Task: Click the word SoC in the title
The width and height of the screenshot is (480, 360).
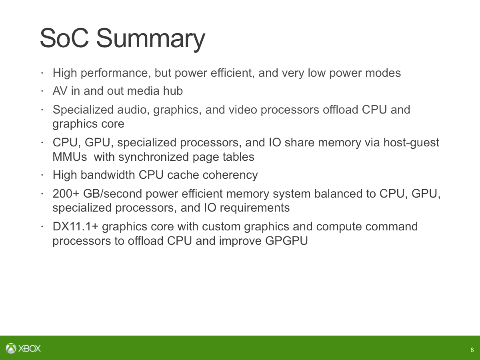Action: [64, 38]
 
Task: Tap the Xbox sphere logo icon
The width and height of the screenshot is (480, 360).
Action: [11, 348]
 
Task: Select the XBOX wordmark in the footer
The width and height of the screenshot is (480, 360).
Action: [30, 348]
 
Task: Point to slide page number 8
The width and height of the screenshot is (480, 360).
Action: [472, 350]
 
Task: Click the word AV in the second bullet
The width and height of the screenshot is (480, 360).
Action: [60, 91]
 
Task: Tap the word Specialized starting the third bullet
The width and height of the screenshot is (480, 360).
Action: [83, 110]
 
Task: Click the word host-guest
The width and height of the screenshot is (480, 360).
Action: [411, 143]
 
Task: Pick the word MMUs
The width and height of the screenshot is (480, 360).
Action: [70, 157]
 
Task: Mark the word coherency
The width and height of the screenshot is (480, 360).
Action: [230, 175]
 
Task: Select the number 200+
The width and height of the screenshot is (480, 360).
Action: [66, 194]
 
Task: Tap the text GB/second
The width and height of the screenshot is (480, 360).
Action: [113, 194]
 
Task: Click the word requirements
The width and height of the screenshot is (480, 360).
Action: [255, 208]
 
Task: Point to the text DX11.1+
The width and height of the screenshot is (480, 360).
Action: [76, 226]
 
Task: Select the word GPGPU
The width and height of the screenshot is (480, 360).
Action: [286, 241]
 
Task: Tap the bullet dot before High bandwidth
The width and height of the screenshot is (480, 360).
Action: [42, 175]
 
